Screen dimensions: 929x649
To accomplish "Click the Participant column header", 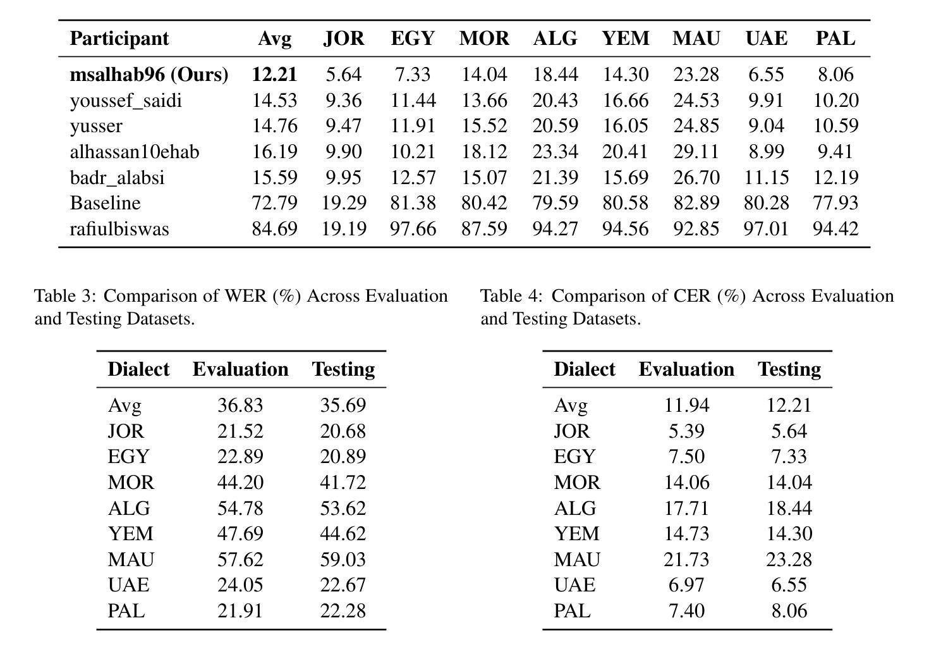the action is tap(119, 39).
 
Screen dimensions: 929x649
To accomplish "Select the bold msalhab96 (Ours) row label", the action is tap(149, 75).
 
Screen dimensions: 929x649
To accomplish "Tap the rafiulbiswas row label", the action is tap(119, 229).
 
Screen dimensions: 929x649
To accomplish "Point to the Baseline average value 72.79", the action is tap(274, 203).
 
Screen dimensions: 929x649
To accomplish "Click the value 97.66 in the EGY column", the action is tap(413, 229).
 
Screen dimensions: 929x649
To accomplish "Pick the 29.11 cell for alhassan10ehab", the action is tap(696, 152).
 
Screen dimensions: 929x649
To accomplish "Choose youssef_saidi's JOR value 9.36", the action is tap(344, 101).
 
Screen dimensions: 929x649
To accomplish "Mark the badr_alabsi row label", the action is tap(118, 178).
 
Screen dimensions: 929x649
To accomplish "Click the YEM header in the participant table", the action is tap(626, 39).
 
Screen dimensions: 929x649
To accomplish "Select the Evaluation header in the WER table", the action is tap(241, 369).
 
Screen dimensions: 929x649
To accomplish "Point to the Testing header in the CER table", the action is tap(789, 369).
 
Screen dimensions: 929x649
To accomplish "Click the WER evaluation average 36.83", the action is tap(241, 405).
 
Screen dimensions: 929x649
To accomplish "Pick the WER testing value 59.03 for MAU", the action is tap(343, 560).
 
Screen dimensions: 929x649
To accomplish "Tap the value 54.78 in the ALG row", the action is tap(241, 508).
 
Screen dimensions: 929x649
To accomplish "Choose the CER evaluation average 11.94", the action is tap(687, 405).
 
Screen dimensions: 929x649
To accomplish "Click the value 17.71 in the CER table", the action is tap(687, 508).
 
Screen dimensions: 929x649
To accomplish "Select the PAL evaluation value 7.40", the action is tap(687, 611).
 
